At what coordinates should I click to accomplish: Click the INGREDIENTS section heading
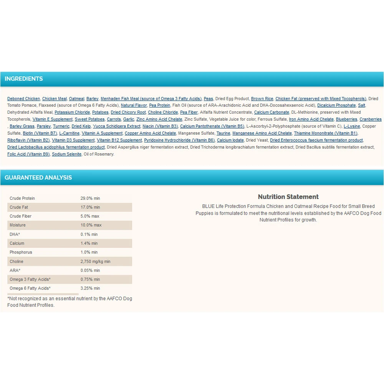click(x=24, y=79)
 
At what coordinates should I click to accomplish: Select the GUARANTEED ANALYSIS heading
click(x=38, y=178)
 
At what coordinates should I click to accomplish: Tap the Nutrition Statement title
click(x=288, y=197)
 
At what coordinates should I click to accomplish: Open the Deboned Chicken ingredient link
click(x=23, y=99)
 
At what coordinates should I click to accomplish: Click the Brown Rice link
click(x=262, y=99)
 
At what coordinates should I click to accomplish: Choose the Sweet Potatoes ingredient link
click(x=89, y=119)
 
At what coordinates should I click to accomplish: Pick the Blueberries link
click(x=346, y=119)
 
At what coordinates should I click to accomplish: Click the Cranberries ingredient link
click(x=371, y=119)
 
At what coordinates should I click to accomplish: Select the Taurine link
click(x=223, y=133)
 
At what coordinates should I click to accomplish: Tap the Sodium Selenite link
click(x=66, y=154)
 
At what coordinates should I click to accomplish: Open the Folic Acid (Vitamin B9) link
click(x=28, y=154)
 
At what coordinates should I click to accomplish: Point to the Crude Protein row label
click(x=22, y=199)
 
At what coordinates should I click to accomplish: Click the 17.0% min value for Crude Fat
click(x=90, y=207)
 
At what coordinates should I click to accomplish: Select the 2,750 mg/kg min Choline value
click(x=95, y=262)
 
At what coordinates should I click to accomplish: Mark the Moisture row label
click(x=18, y=225)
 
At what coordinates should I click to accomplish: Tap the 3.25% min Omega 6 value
click(x=90, y=288)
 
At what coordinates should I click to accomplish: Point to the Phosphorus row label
click(x=21, y=252)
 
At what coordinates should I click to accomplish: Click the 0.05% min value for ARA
click(x=90, y=270)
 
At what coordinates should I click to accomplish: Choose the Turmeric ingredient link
click(x=61, y=126)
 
